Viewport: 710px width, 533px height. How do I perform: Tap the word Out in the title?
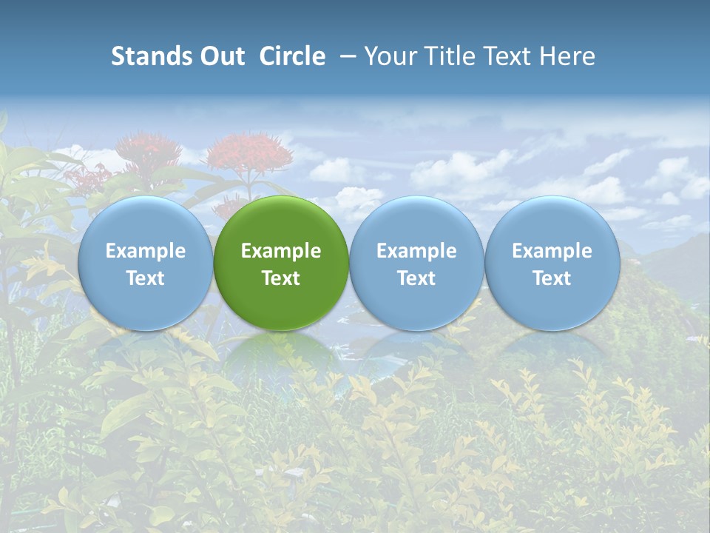(220, 56)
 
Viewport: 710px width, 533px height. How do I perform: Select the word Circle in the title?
(292, 56)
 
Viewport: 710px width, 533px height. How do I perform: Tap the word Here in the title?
(569, 56)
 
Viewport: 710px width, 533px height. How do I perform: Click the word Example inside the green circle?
(281, 251)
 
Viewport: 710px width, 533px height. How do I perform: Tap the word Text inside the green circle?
(281, 278)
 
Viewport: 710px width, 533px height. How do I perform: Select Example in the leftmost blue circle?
(145, 251)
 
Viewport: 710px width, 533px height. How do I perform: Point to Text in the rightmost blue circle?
(552, 278)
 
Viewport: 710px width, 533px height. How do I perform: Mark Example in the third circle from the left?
(416, 251)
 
